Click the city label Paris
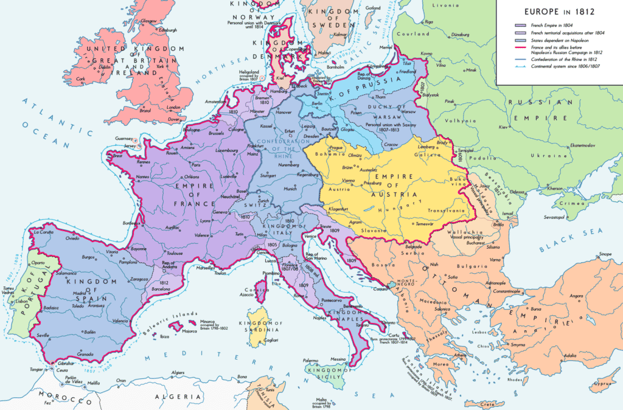[196, 165]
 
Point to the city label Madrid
[80, 293]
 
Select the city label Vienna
[333, 181]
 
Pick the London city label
[173, 108]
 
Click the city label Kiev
[503, 127]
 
